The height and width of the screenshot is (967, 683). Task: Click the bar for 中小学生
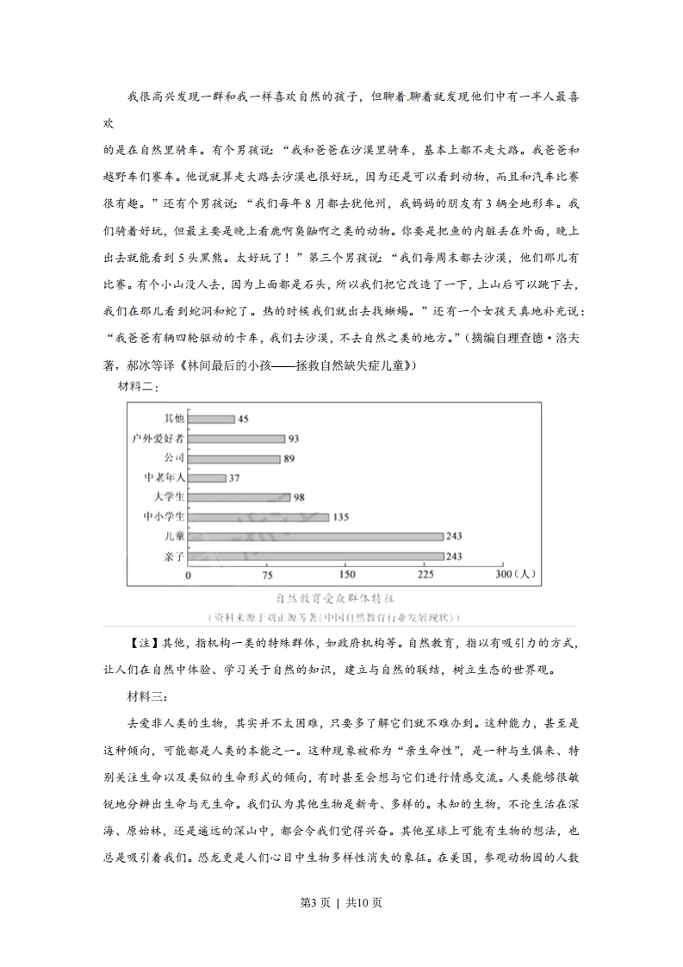tap(258, 517)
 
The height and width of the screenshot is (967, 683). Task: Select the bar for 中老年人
tap(207, 477)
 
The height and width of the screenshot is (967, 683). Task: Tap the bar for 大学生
tap(239, 497)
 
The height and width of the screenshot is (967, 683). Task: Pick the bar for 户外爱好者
tap(236, 439)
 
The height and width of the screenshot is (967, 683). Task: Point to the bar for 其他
tap(211, 419)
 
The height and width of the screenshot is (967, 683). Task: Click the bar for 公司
tap(234, 459)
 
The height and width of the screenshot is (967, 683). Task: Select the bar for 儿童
tap(315, 537)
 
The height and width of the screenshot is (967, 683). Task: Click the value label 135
tap(341, 517)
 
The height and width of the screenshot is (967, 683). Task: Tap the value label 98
tap(300, 497)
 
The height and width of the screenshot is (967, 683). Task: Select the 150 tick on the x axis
tap(347, 575)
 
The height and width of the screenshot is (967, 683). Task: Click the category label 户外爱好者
tap(153, 439)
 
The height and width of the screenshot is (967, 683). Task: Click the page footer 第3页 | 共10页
tap(341, 926)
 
